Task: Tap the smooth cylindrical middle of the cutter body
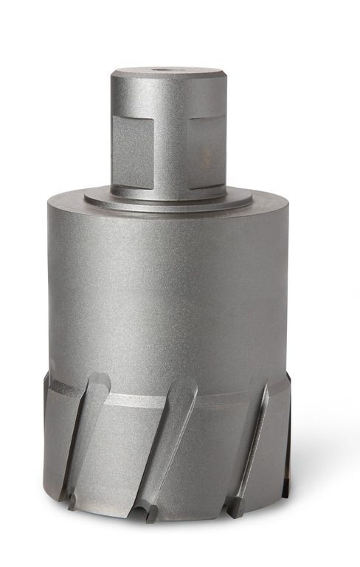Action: tap(168, 295)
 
